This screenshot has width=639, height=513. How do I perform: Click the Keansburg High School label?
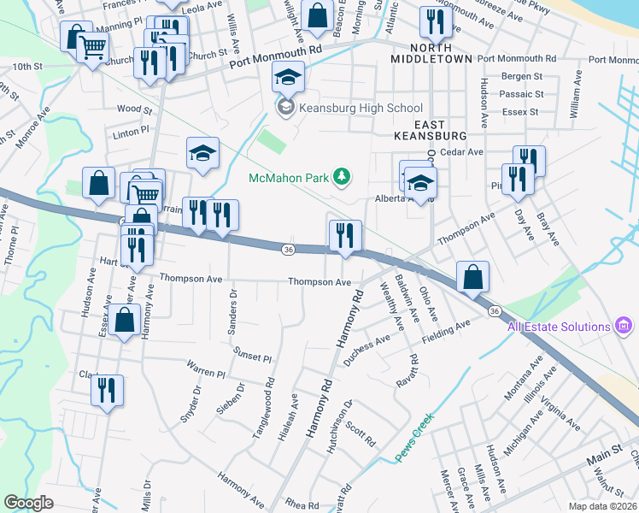pos(359,108)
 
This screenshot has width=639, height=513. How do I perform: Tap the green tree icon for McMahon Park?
pos(342,177)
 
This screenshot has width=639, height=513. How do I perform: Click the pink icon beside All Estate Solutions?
pos(624,326)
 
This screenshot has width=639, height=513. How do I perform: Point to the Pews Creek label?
pos(416,439)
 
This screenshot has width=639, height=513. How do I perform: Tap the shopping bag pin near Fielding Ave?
pos(472,278)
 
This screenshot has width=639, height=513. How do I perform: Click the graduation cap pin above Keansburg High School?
pos(290,80)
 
